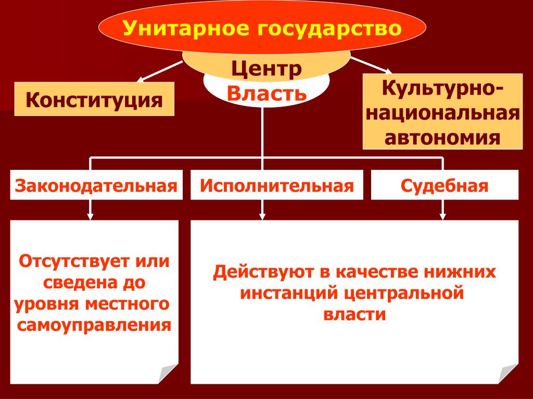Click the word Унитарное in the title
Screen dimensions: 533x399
click(x=186, y=28)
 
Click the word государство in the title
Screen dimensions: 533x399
click(x=329, y=29)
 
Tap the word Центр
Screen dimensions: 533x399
click(x=266, y=69)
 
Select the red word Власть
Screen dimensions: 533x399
click(x=266, y=94)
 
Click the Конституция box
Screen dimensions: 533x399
click(x=94, y=99)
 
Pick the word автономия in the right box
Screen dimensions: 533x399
click(x=442, y=137)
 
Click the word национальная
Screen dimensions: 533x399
click(x=442, y=113)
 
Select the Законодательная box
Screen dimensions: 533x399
click(x=96, y=185)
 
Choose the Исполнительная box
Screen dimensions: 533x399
click(x=277, y=185)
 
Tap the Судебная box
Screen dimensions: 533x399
click(x=445, y=185)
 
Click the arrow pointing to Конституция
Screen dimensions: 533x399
click(x=159, y=72)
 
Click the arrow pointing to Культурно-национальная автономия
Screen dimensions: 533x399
click(x=371, y=65)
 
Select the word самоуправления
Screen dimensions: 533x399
click(x=94, y=325)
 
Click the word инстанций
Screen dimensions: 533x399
click(x=289, y=293)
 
